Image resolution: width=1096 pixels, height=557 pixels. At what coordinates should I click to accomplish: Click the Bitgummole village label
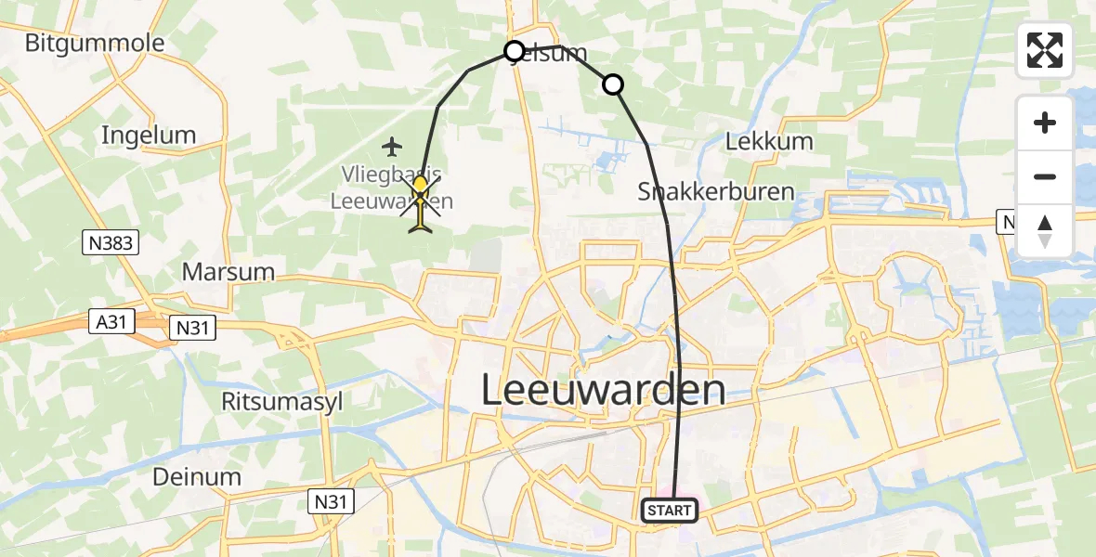[95, 43]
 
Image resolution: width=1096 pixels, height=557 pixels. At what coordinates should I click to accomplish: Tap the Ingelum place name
[149, 136]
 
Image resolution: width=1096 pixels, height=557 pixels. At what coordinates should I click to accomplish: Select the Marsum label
[228, 272]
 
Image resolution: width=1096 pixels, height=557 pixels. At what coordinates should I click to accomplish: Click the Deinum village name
[198, 477]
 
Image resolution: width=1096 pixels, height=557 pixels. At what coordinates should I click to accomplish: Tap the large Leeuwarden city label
[604, 390]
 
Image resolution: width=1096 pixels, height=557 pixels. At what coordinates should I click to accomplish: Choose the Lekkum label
[769, 142]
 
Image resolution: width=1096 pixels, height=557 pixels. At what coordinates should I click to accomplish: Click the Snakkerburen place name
[715, 192]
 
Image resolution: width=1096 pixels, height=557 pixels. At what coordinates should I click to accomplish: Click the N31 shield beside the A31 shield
[193, 327]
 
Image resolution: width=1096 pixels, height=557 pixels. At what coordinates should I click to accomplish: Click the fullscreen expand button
[1045, 50]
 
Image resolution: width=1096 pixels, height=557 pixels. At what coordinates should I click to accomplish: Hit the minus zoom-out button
[1045, 176]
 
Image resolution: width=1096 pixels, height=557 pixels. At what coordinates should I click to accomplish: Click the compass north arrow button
[1045, 230]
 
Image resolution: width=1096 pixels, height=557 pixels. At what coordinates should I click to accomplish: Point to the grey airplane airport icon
[393, 146]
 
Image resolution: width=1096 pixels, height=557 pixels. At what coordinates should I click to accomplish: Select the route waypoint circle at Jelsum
[515, 51]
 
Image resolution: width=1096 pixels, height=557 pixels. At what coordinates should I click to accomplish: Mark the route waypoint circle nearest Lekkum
[613, 85]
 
